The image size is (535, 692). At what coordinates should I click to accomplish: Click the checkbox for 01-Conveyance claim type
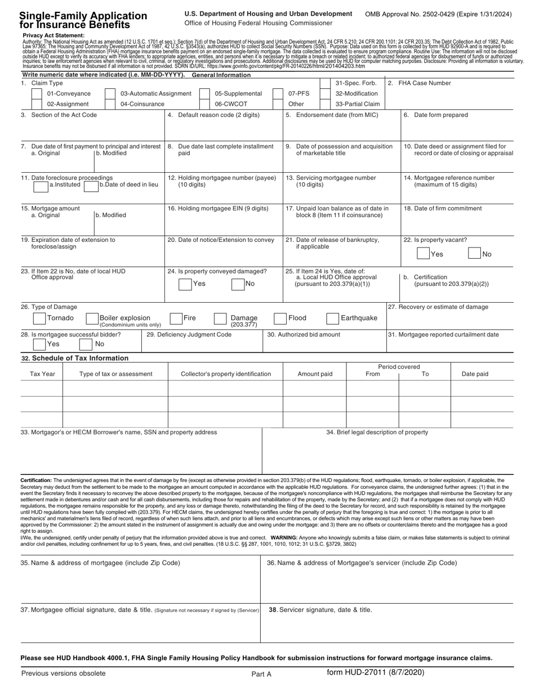[37, 93]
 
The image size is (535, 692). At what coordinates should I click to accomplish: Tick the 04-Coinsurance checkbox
[110, 104]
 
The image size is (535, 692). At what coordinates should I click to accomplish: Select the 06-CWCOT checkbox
[205, 104]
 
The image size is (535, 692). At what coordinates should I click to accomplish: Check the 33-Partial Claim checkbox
[325, 104]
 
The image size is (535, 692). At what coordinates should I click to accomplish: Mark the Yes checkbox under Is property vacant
[423, 253]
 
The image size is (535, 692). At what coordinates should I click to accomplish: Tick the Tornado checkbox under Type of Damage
[39, 318]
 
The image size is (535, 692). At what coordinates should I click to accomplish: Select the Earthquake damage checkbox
[333, 318]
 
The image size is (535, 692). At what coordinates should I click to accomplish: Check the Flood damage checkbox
[280, 318]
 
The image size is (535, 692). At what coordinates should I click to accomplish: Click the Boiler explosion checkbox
[92, 318]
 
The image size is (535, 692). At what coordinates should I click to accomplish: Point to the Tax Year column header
[42, 374]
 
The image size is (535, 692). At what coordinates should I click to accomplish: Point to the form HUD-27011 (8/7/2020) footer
[375, 673]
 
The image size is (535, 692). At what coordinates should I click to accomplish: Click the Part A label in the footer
[261, 673]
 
